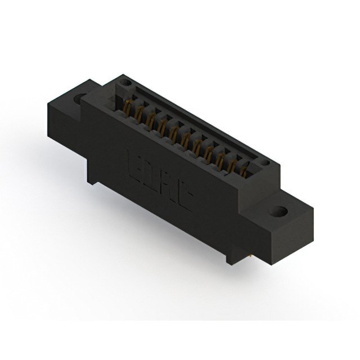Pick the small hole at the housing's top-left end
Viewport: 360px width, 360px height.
point(127,83)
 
